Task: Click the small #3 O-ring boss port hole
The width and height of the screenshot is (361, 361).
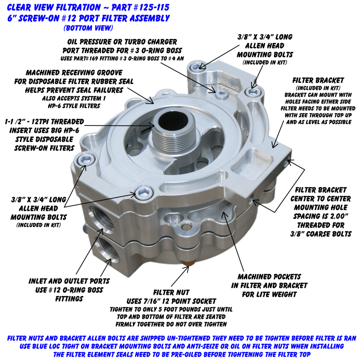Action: pyautogui.click(x=222, y=93)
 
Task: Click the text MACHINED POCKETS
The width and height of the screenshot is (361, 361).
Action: pyautogui.click(x=269, y=277)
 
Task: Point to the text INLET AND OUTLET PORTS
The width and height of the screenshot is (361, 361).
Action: pyautogui.click(x=69, y=281)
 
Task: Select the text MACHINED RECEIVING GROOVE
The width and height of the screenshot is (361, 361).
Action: pyautogui.click(x=74, y=73)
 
